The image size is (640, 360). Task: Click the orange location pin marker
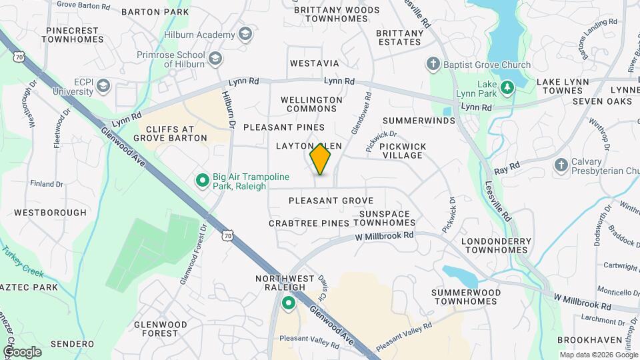point(321,159)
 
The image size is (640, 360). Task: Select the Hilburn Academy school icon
point(245,34)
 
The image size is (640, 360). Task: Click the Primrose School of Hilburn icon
point(215,59)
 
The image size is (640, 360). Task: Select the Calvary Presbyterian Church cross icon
point(561,165)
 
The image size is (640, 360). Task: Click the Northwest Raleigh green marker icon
point(289,304)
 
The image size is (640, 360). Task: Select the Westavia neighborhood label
point(315,63)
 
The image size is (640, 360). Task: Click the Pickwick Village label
point(401,150)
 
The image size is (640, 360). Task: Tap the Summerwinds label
point(419,121)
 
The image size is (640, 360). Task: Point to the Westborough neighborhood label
point(51,213)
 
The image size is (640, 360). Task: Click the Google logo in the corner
point(22,351)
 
